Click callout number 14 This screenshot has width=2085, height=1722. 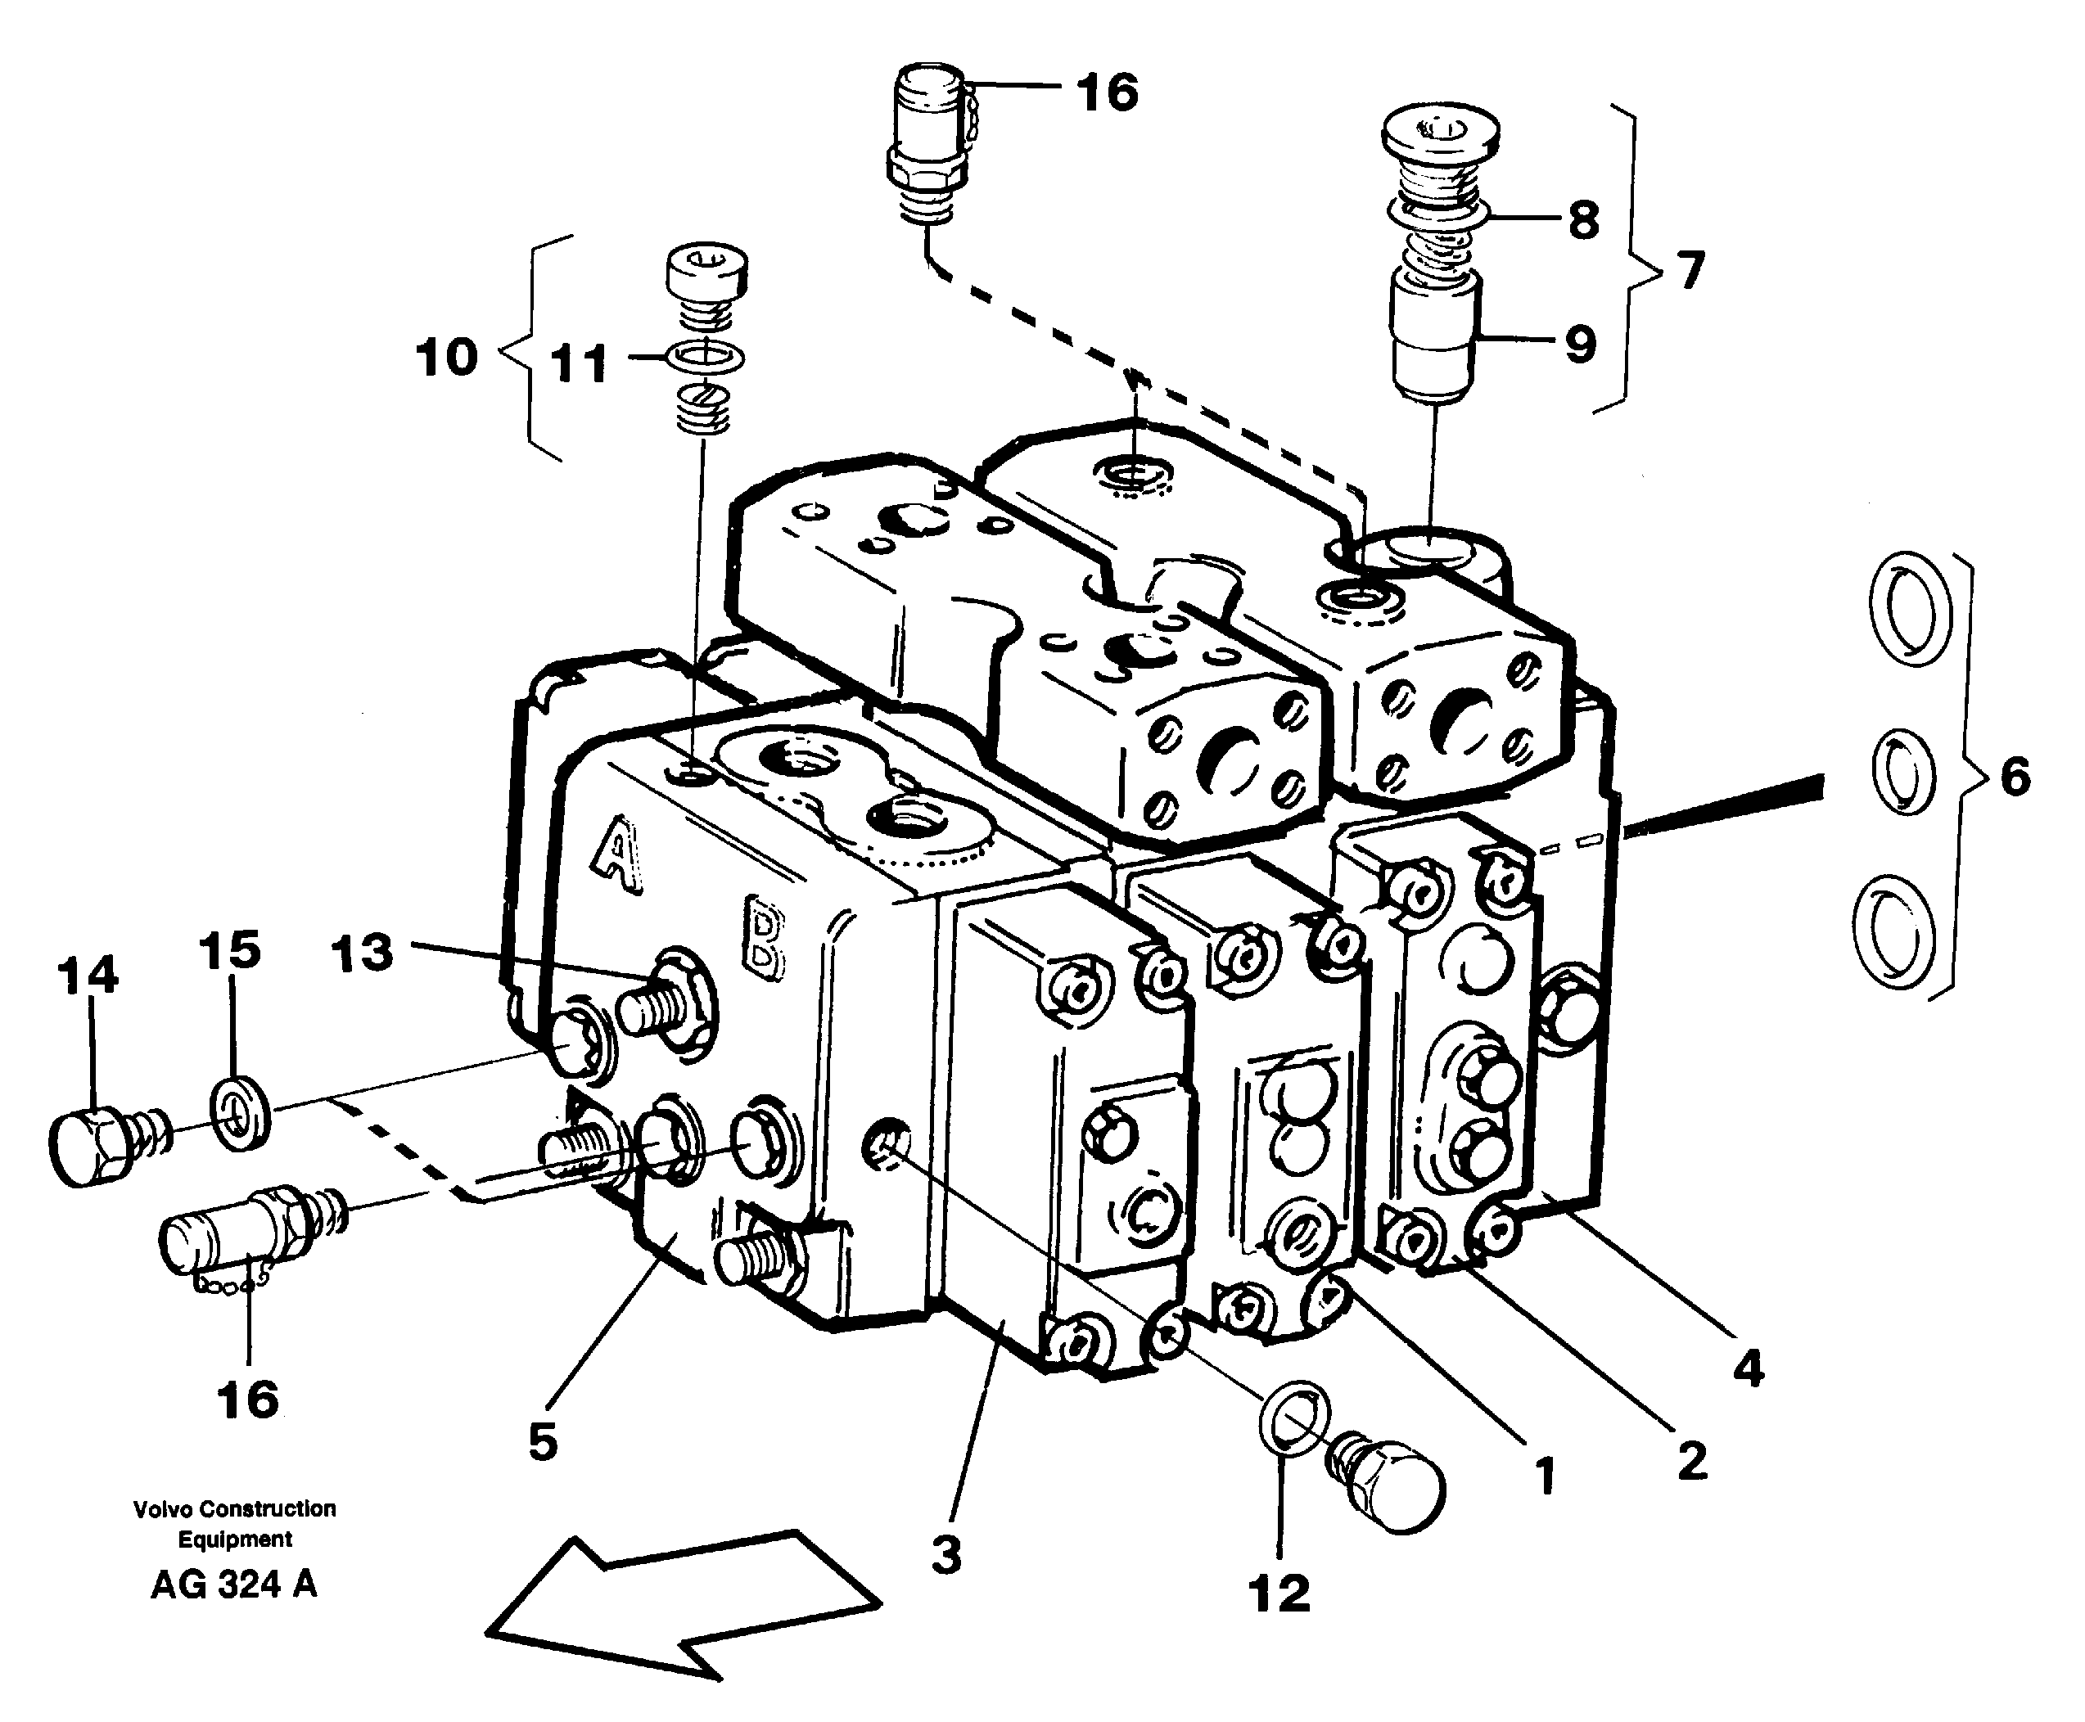click(x=88, y=976)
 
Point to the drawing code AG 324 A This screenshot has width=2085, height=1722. click(x=234, y=1585)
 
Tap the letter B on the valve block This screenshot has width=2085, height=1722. click(x=764, y=936)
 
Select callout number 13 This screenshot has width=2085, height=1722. click(x=362, y=953)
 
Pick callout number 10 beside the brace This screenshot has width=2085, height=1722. click(x=446, y=357)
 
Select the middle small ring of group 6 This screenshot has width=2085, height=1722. click(x=1902, y=772)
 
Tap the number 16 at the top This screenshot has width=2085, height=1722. click(x=1107, y=92)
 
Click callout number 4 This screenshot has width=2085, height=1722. click(x=1749, y=1369)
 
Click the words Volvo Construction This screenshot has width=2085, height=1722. click(x=234, y=1508)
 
